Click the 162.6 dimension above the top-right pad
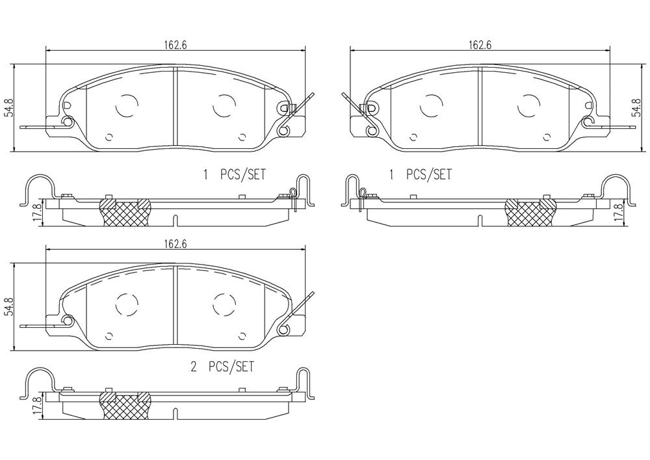pos(480,45)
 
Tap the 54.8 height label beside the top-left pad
pos(8,108)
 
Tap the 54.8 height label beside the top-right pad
pos(635,108)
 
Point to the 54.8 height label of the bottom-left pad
pos(8,306)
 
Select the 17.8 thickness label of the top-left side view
pos(36,213)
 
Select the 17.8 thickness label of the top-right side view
pos(620,213)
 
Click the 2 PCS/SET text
pos(222,367)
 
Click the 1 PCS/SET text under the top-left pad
pos(234,174)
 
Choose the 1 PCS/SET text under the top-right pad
pos(420,174)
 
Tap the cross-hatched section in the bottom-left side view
pos(125,405)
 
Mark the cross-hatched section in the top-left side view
pos(125,213)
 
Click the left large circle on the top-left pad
pos(127,105)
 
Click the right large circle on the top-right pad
pos(529,105)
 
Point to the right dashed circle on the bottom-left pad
pos(224,305)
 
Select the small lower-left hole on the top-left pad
pos(109,137)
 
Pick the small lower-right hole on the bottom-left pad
pos(243,336)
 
